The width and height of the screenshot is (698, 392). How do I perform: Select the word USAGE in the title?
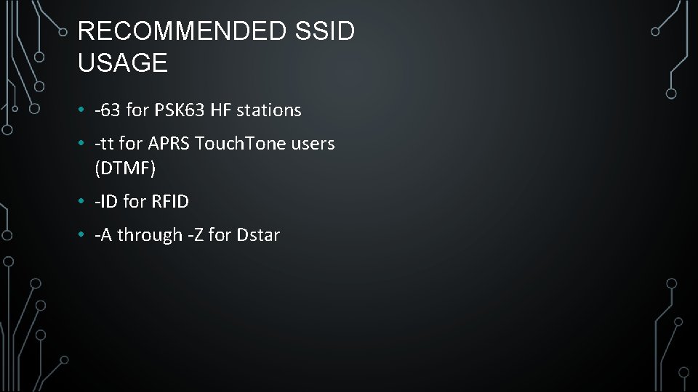(122, 63)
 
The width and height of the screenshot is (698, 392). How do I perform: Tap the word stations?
(268, 110)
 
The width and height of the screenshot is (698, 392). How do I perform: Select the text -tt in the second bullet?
(105, 144)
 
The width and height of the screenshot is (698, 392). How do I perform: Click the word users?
(312, 144)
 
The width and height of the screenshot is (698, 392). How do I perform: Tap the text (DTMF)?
(125, 168)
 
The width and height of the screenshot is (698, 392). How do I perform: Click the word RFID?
(170, 202)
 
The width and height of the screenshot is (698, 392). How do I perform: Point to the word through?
(150, 235)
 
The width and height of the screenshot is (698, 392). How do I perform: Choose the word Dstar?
(258, 235)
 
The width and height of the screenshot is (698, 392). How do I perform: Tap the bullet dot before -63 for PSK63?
(84, 111)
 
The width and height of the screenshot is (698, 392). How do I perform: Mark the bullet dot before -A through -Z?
(84, 236)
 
